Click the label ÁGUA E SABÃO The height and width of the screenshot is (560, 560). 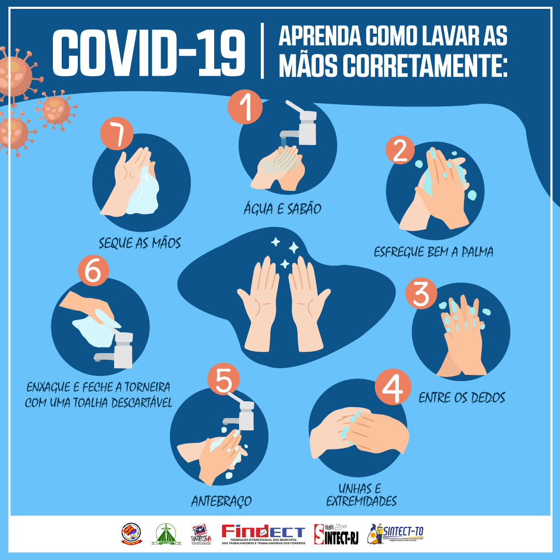(x=283, y=209)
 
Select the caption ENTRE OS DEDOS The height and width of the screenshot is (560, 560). (x=462, y=398)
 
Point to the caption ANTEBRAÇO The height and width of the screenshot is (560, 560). (x=221, y=501)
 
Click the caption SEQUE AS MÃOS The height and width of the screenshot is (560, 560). (x=140, y=243)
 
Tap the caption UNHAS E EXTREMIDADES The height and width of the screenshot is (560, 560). (x=361, y=495)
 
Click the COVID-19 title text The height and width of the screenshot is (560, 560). (x=149, y=52)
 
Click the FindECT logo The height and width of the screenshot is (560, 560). (x=263, y=534)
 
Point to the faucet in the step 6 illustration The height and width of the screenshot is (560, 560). (x=117, y=350)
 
